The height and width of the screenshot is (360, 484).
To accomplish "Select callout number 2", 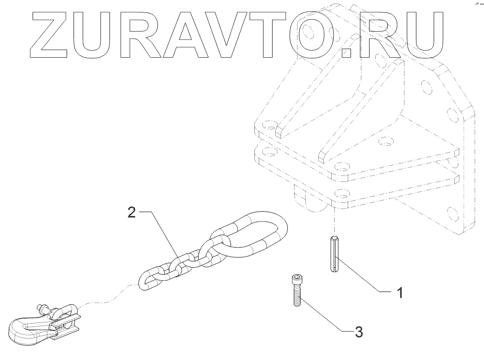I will click(x=131, y=213).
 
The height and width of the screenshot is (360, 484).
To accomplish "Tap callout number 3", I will click(x=359, y=332).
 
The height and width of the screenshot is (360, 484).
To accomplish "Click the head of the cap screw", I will click(x=296, y=279).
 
